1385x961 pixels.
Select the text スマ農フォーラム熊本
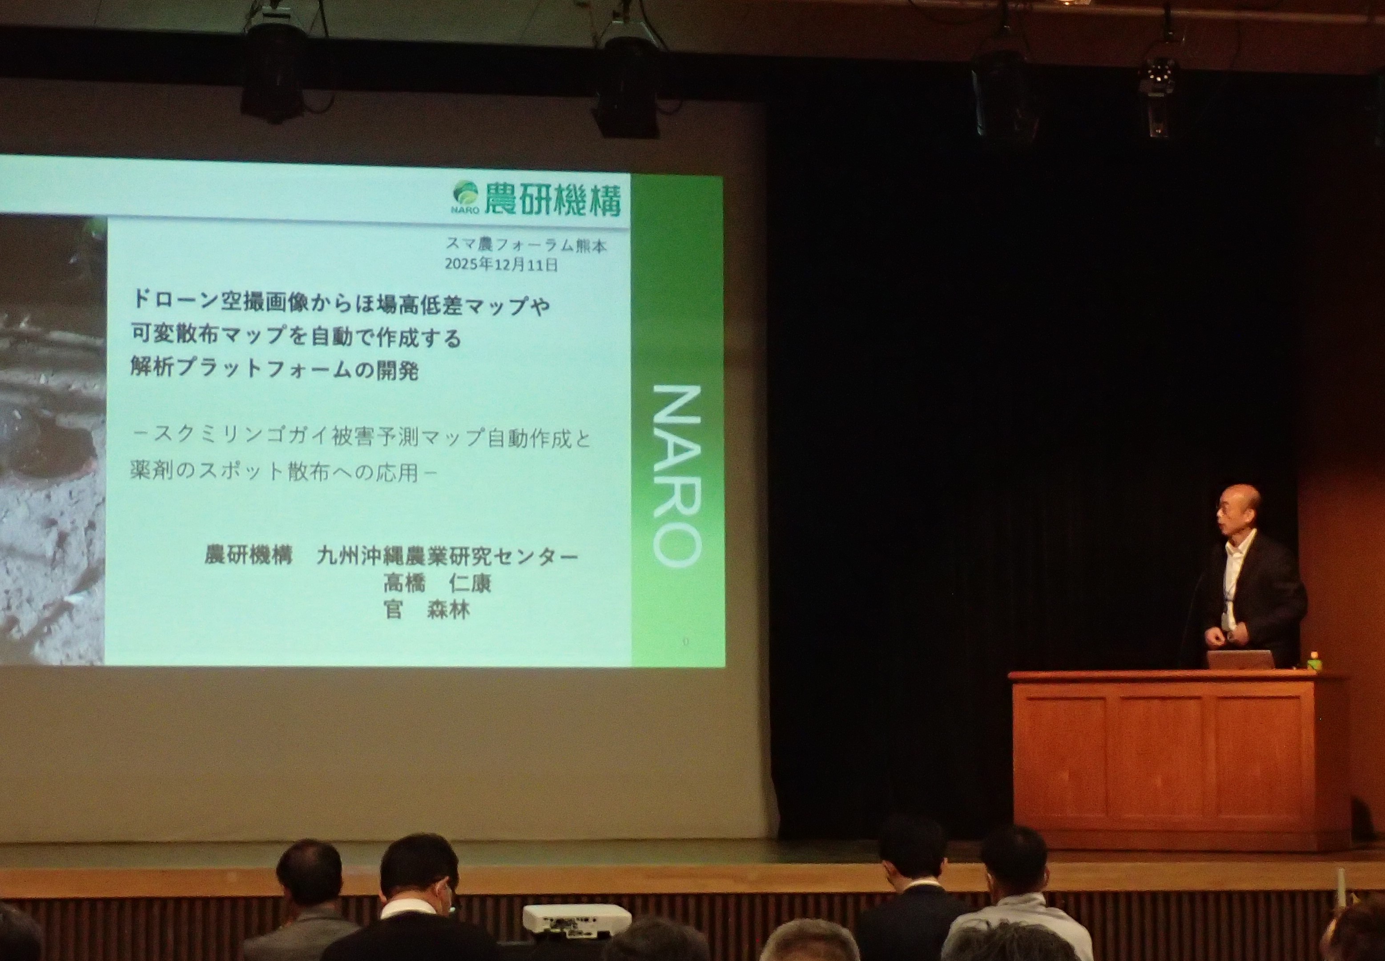(526, 245)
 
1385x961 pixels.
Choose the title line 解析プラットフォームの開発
(274, 369)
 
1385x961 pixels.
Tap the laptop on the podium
(1240, 659)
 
